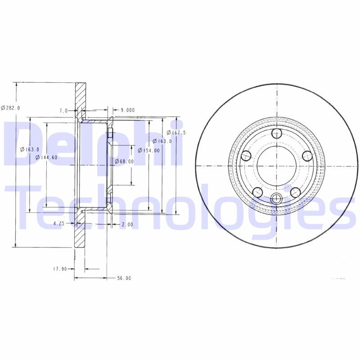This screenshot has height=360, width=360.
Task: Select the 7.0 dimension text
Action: tap(63, 110)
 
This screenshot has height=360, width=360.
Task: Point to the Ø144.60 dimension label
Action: tap(47, 157)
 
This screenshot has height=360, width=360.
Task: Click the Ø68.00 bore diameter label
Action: tap(124, 161)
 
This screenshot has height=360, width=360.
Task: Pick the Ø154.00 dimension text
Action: tap(148, 150)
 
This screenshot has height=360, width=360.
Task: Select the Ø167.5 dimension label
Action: tap(176, 132)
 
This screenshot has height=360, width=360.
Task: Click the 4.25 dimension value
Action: tap(60, 223)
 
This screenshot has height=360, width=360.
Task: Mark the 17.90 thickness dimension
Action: tap(60, 269)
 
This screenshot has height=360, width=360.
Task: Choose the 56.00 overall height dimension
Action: tap(124, 278)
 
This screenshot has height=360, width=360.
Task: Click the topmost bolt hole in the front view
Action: tap(276, 134)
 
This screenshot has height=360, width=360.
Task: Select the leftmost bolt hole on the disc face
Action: tap(246, 156)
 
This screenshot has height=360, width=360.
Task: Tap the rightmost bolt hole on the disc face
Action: tap(307, 156)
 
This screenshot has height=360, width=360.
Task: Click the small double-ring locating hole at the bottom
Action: tap(276, 198)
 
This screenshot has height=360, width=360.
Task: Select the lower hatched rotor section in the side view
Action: tap(80, 234)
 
